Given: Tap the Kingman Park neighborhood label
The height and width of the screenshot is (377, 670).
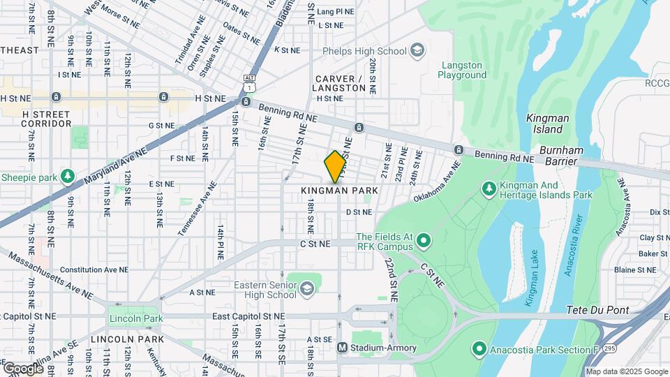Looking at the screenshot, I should click(339, 191).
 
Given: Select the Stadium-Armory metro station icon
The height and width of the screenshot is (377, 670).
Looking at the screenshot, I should click(342, 348).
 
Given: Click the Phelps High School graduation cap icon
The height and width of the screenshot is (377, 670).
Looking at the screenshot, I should click(417, 51).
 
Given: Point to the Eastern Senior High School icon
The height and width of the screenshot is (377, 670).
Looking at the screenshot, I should click(306, 288).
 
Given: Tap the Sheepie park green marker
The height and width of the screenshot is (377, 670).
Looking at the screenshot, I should click(68, 175).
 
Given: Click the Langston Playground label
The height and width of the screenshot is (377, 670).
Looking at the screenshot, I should click(462, 71).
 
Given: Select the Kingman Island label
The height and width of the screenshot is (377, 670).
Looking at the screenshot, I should click(544, 124).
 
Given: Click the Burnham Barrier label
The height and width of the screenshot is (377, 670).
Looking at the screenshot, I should click(569, 156).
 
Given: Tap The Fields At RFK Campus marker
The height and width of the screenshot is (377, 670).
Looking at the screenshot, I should click(422, 242).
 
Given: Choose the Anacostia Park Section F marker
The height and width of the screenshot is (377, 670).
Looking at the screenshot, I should click(479, 348).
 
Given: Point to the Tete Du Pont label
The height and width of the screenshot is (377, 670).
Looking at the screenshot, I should click(597, 310).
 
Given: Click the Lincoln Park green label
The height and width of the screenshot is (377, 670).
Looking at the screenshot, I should click(135, 319).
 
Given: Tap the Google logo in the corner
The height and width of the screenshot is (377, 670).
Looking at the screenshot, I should click(22, 368).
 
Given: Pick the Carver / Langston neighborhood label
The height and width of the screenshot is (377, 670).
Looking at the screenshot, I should click(340, 83).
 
